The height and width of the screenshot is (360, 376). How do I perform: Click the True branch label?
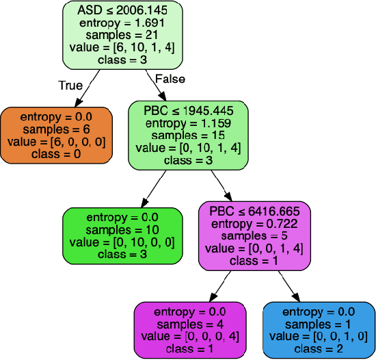click(70, 86)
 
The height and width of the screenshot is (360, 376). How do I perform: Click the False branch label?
click(170, 79)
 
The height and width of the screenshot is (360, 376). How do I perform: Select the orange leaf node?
click(55, 135)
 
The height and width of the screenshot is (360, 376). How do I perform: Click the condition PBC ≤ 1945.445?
click(188, 110)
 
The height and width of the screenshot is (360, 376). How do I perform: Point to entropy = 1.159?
click(188, 123)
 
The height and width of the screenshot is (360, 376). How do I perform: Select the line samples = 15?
click(188, 135)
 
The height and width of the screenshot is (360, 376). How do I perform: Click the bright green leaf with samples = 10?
click(122, 235)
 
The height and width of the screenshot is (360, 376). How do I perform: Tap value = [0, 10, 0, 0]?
click(122, 242)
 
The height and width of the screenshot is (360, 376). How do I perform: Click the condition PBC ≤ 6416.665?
click(254, 211)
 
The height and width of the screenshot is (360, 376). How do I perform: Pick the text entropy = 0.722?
click(254, 223)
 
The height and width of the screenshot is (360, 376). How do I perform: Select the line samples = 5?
click(254, 235)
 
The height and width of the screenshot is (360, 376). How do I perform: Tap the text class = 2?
click(319, 348)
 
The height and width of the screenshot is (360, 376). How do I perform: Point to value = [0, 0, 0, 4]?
click(188, 336)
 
